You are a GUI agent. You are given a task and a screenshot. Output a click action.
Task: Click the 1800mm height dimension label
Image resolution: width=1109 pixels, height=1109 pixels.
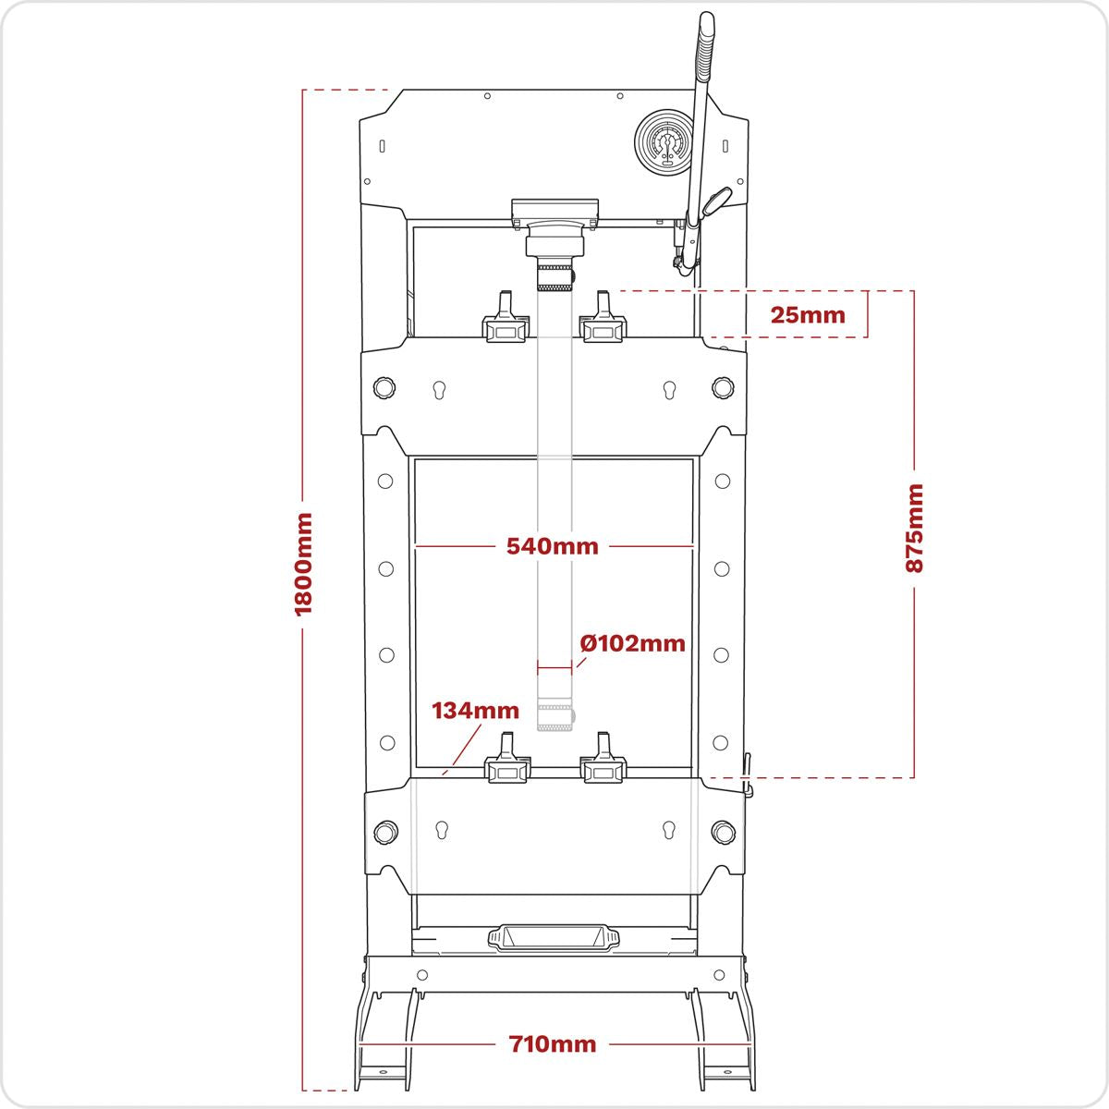(303, 565)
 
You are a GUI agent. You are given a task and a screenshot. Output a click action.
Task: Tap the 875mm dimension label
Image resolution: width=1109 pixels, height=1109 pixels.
(914, 529)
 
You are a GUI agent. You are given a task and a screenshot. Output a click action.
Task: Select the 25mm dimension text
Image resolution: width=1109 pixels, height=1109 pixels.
(808, 315)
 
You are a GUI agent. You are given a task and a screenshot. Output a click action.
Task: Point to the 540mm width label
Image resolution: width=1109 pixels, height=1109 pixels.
(553, 546)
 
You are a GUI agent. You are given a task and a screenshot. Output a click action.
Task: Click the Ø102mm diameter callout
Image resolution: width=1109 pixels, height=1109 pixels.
(633, 643)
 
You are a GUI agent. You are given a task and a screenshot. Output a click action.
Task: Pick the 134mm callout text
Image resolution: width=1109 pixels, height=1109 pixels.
(475, 711)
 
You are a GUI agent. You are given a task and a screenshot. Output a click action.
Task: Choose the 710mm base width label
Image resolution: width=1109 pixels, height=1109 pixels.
(553, 1044)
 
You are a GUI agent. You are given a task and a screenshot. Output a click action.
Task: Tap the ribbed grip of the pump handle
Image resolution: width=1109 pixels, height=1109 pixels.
(703, 48)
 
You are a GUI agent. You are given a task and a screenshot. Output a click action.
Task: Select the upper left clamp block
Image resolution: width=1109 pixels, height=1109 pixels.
(506, 323)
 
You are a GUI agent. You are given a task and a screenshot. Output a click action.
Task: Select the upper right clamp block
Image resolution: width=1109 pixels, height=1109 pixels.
(603, 323)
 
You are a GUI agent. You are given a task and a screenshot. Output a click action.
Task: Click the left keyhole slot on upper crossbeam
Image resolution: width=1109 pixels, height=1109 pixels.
(439, 391)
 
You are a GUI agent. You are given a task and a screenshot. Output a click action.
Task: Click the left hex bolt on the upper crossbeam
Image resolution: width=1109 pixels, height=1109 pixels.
(384, 386)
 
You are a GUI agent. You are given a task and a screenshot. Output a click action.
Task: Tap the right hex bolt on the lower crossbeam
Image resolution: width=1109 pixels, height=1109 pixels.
(723, 832)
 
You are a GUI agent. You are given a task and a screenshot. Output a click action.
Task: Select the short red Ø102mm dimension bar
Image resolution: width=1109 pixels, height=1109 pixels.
(554, 669)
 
